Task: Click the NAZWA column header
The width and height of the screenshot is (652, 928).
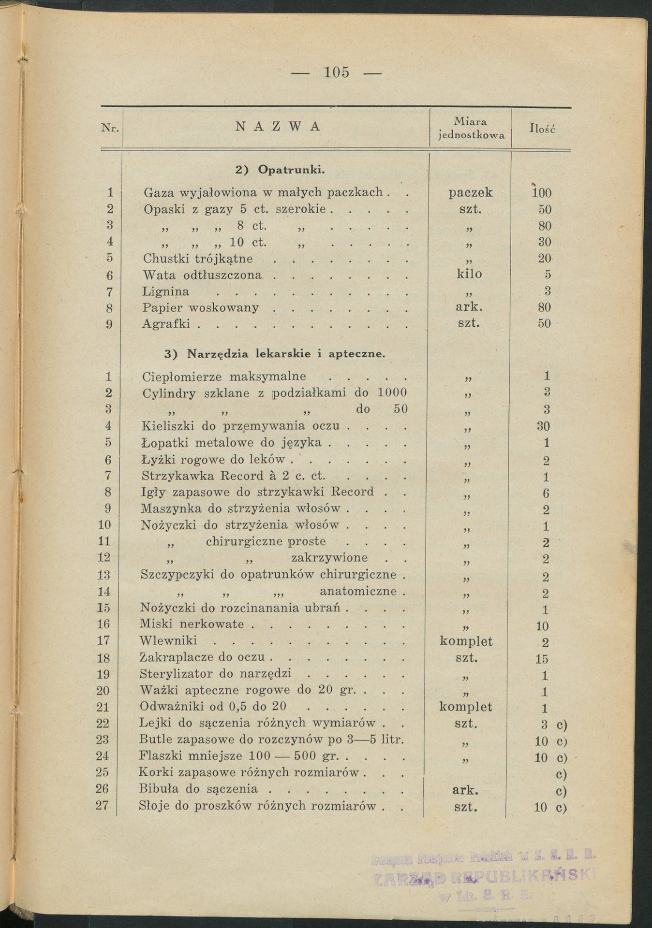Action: pos(278,127)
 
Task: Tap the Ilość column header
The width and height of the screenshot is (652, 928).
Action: pos(543,129)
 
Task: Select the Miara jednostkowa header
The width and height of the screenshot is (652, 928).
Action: pos(471,129)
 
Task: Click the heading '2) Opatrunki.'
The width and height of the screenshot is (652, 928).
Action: pos(280,170)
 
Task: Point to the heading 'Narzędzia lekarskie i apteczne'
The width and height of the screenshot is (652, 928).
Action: pos(286,354)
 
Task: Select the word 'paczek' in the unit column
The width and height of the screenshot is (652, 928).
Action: pos(470,192)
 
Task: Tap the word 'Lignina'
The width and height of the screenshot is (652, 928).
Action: pos(165,292)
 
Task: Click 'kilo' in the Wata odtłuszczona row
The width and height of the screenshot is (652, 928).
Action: pos(469,274)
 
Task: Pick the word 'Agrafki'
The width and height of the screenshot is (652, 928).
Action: pos(166,323)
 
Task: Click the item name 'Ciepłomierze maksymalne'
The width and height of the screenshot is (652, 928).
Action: pos(223,377)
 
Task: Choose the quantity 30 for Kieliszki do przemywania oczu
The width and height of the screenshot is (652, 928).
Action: pos(544,426)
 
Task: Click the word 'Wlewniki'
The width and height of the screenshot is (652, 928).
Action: pos(168,641)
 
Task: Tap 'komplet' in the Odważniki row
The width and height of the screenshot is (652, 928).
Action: pos(465,707)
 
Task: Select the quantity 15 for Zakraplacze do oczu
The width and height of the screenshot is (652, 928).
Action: pos(542,659)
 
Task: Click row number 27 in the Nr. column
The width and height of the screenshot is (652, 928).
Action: pos(104,806)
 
